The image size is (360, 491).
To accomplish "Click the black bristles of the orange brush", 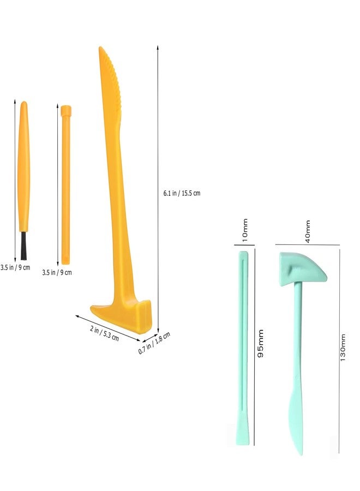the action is pos(23,245).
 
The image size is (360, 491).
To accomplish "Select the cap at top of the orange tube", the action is pos(66,111).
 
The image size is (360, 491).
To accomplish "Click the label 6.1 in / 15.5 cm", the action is pos(182,193).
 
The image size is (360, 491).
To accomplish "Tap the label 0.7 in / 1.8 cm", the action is pos(154,343).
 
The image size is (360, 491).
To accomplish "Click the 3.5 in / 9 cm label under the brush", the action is pos(15,267).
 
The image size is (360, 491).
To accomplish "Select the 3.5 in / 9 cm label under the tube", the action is pos(57,272).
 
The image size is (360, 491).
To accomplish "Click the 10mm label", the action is pos(245,230).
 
